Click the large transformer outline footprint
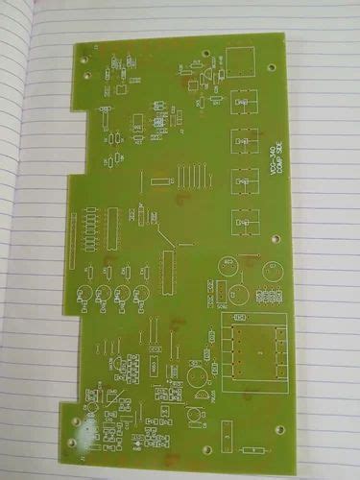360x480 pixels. coord(254,352)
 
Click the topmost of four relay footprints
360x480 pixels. coord(244,101)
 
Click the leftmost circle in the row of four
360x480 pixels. coord(85,295)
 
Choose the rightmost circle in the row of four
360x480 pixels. coord(142,294)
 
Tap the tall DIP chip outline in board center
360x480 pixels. coord(169,269)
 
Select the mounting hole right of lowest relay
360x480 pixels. coord(276,236)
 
